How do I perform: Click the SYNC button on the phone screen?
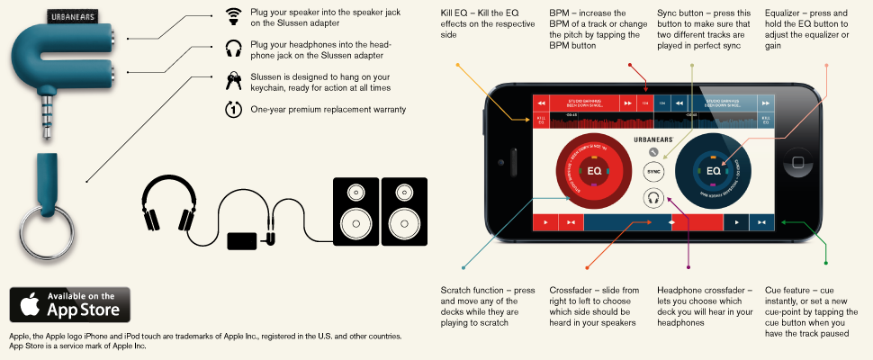(x=654, y=170)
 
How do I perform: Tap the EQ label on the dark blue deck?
(x=713, y=169)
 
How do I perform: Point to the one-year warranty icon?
(x=233, y=110)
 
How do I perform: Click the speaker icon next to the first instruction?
(x=233, y=16)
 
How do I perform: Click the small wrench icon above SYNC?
(x=653, y=152)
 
